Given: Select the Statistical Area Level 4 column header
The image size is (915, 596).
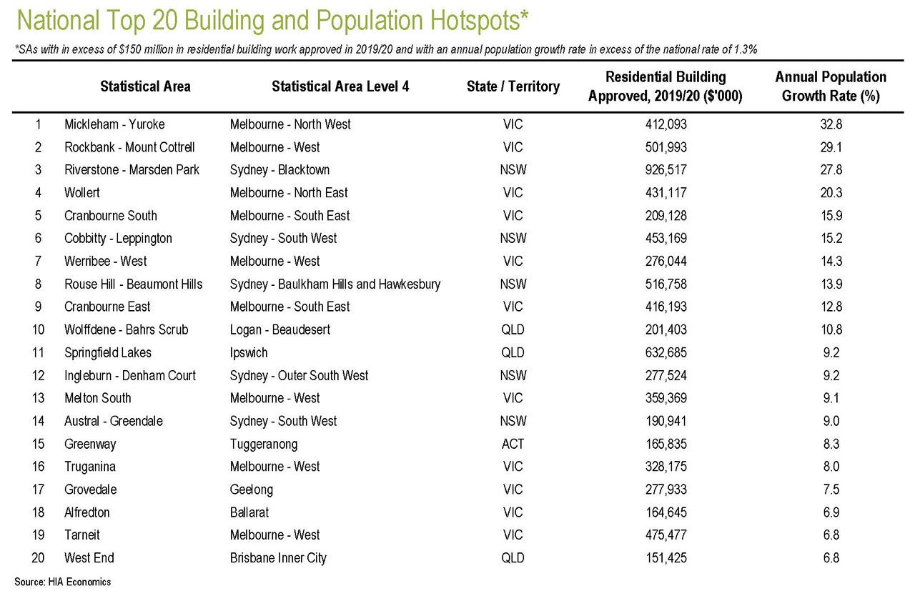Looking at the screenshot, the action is tap(340, 86).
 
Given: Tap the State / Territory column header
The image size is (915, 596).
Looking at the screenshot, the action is tap(513, 86).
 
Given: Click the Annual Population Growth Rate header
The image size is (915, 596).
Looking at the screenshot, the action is tap(831, 86).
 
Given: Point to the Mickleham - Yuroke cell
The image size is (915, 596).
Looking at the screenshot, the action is tap(114, 124).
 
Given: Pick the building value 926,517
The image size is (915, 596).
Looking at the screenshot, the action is tap(666, 170).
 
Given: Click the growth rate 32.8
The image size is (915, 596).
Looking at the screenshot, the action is tap(831, 124).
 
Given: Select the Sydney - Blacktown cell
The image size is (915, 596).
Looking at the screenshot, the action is tap(280, 170).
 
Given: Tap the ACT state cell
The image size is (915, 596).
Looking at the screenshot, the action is tap(513, 444).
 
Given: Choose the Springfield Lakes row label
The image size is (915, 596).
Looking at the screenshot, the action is tap(108, 353).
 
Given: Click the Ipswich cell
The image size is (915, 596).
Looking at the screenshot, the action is tap(248, 353).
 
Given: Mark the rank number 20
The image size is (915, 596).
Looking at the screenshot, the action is tap(38, 557).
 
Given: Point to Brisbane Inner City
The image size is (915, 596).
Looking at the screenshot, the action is tap(278, 558).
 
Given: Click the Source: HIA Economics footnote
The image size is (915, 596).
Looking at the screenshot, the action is tap(62, 582).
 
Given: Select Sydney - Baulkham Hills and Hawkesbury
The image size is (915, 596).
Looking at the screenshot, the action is tap(335, 284).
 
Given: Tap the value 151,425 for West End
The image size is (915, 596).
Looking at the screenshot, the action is tap(666, 557).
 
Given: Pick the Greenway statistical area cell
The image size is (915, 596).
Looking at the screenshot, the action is tap(90, 444).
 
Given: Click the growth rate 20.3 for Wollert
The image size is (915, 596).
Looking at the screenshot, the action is tap(831, 193).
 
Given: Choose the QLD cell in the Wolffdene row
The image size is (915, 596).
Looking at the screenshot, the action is tap(513, 329).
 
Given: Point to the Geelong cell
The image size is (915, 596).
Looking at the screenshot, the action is tap(251, 490).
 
